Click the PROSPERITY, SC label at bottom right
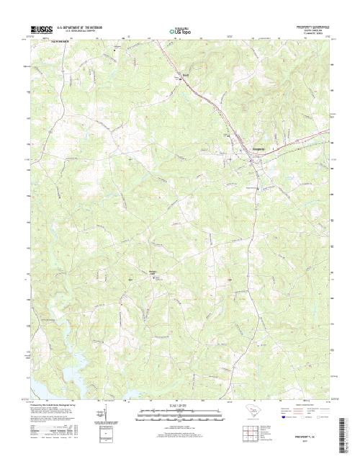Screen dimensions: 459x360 point(311,437)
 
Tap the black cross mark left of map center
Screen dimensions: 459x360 point(130,279)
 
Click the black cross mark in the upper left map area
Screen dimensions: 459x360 point(130,159)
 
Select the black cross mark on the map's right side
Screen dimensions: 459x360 point(230,279)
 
